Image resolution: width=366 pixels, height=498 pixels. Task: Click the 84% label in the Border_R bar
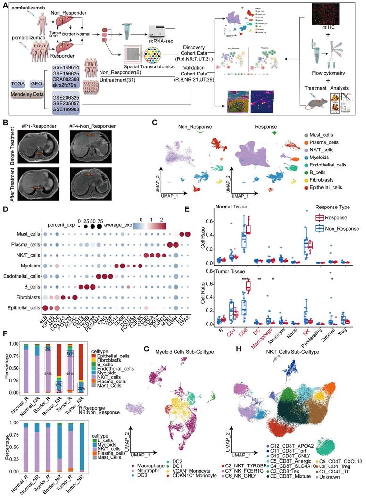48,374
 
